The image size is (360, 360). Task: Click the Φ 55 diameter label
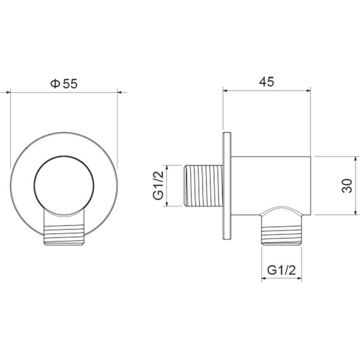coord(64,83)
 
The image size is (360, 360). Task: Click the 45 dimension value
coord(267,81)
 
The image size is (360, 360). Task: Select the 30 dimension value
coord(347,186)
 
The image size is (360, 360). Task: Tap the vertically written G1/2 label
coord(158,185)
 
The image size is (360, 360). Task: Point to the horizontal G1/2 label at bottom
coord(281,270)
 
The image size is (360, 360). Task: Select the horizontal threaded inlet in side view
coord(203,186)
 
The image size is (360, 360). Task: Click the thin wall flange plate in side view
coord(227,186)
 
